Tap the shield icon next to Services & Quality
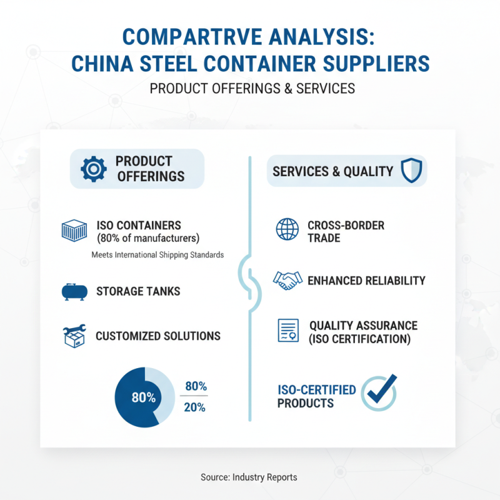point(411,170)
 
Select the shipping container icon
point(74,231)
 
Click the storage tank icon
point(75,291)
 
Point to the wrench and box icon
point(75,336)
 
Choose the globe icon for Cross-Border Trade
point(287,230)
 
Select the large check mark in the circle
point(380,392)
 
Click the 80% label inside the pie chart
point(143,397)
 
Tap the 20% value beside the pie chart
point(194,407)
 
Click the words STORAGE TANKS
point(138,291)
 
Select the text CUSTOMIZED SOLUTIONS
point(158,336)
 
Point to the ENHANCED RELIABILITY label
point(366,280)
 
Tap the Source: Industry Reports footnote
point(249,477)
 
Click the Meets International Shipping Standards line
point(157,255)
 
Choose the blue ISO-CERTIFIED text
point(317,390)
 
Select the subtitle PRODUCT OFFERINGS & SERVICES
point(252,89)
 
